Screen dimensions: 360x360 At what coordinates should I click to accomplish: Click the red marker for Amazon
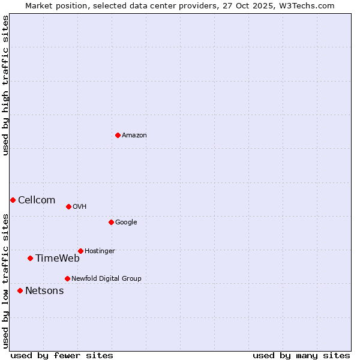point(118,135)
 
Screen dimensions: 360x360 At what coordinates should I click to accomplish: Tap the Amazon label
point(134,136)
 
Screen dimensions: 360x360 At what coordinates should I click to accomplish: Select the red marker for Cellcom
point(13,200)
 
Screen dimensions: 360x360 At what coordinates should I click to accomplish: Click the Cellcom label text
point(37,200)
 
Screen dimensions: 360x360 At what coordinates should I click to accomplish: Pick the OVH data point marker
point(68,206)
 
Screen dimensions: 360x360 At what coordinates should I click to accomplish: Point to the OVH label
point(80,207)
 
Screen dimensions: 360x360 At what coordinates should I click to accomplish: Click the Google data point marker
point(111,222)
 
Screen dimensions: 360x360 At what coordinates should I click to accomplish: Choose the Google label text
point(126,223)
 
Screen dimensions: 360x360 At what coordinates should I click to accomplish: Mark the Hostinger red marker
point(80,251)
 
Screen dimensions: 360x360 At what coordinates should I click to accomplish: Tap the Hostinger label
point(100,251)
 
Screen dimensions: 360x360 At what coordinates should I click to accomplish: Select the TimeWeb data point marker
point(30,258)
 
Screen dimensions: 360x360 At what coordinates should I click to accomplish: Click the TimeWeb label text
point(58,259)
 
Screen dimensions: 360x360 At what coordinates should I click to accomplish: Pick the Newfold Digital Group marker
point(67,278)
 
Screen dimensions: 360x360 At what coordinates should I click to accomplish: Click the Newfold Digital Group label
point(106,279)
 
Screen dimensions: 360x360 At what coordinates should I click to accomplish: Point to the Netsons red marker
point(20,290)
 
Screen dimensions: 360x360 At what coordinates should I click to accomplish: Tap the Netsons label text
point(44,291)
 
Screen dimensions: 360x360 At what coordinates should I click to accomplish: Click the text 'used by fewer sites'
point(62,356)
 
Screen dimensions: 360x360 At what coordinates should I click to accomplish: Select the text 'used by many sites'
point(301,356)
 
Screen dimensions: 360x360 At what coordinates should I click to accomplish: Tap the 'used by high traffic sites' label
point(5,85)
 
